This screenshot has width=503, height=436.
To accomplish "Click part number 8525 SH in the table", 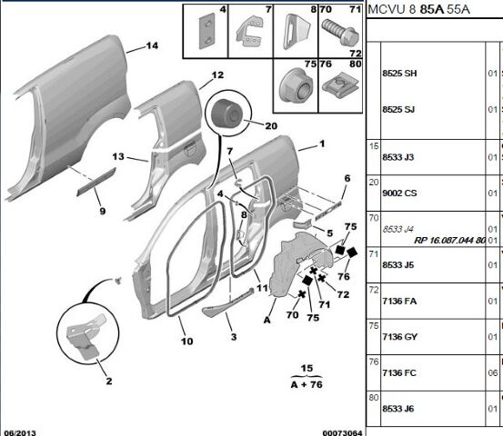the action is (x=399, y=74).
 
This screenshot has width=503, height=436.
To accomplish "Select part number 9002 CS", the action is (x=399, y=193).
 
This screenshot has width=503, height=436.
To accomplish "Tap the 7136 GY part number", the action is (x=399, y=337).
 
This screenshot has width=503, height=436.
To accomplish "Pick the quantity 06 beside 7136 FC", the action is (x=493, y=373).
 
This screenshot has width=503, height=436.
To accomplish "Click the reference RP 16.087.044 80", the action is (x=449, y=240).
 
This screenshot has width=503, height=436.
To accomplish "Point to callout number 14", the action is (x=152, y=45).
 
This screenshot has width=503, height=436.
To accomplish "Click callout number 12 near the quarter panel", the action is (x=217, y=75).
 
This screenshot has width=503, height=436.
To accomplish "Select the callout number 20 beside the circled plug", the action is (x=271, y=126).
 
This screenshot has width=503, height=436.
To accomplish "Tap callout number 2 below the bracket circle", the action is (x=109, y=381).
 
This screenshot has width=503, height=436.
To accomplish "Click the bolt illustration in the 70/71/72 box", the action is (x=340, y=32).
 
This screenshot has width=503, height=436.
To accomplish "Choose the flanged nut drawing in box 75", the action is (x=295, y=84).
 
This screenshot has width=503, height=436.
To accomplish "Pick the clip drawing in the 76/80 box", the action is (x=340, y=84).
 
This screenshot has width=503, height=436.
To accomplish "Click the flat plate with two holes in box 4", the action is (x=206, y=31).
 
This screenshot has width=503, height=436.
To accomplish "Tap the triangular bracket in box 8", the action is (x=296, y=32).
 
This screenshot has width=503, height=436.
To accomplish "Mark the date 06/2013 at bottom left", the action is (x=20, y=432).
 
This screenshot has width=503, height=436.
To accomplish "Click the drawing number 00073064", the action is (x=342, y=432).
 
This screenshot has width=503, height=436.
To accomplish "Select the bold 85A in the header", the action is (x=432, y=10).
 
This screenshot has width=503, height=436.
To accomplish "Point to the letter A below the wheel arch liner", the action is (x=267, y=320).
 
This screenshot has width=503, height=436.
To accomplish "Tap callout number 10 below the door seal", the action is (x=187, y=342).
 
